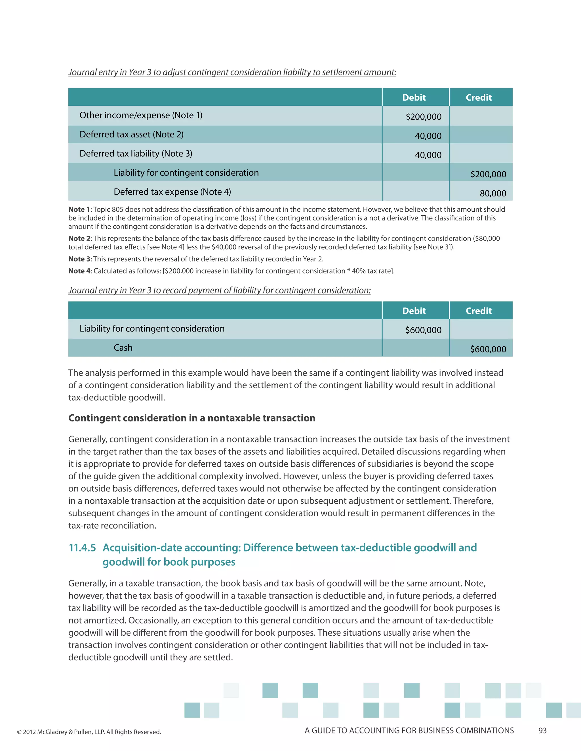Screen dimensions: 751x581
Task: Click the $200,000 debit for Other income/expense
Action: (x=423, y=117)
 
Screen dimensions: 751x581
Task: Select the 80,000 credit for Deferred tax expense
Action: (x=493, y=194)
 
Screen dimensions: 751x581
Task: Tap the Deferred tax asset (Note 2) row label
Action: (x=131, y=134)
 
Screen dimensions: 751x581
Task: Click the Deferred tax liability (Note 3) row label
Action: (x=136, y=154)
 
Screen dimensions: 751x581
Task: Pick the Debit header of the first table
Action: (x=414, y=98)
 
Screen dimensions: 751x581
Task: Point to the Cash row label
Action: (x=123, y=348)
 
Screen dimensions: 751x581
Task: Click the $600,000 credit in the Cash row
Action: (x=488, y=349)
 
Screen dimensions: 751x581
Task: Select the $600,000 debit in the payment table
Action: (x=423, y=330)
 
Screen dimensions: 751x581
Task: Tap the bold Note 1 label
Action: (x=79, y=209)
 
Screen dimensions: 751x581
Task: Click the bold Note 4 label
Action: (x=79, y=271)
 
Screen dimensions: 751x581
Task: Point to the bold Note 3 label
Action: (x=79, y=259)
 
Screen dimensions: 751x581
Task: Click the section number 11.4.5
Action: (x=82, y=548)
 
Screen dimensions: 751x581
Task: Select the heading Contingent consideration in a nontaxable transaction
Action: (x=192, y=418)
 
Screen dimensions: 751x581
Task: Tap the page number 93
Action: (x=542, y=731)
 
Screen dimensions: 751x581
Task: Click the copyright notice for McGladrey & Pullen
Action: (x=89, y=732)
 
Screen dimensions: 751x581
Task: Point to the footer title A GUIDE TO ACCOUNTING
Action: (x=409, y=731)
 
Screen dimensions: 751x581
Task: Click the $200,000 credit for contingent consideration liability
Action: (x=488, y=174)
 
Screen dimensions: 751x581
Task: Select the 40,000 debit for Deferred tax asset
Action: (x=428, y=136)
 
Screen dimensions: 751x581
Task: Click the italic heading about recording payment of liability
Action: (x=219, y=290)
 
